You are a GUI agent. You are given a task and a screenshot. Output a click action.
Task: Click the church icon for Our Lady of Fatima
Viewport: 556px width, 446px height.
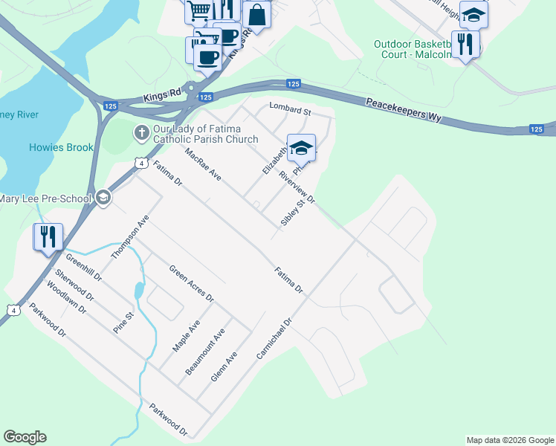[140, 133]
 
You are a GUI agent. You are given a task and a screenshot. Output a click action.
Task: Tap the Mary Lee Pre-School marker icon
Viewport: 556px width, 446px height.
[103, 198]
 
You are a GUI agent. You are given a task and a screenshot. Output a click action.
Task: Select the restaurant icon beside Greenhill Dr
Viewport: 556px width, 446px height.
[48, 237]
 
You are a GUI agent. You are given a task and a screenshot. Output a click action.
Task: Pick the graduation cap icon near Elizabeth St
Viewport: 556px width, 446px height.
[301, 148]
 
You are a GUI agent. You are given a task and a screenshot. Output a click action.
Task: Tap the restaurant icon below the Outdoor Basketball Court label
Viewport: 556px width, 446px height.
[465, 44]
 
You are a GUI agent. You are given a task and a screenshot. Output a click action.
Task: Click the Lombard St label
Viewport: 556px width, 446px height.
[289, 110]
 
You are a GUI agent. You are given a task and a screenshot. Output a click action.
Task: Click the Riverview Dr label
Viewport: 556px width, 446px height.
[297, 189]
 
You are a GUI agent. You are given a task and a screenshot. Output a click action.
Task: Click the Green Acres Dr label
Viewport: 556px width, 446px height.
[191, 283]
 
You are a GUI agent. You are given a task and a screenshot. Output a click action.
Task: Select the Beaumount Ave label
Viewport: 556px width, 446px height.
[204, 351]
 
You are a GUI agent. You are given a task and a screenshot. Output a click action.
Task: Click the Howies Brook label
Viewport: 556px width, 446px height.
[62, 147]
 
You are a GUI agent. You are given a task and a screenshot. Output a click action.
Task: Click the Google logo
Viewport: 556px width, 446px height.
[25, 437]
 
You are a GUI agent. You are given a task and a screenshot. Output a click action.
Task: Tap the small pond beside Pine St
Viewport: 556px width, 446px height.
[139, 289]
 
